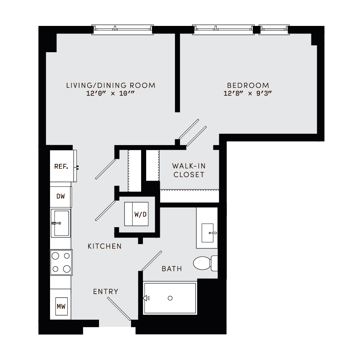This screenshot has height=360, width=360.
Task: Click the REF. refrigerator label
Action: (61, 166)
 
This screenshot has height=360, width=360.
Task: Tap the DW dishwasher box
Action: (60, 196)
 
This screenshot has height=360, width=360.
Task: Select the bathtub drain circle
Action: (170, 298)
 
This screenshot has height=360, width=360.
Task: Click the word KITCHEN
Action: (104, 246)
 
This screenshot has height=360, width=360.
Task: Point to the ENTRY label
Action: (105, 292)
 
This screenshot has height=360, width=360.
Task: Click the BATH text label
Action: (172, 269)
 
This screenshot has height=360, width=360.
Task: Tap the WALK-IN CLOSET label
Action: (189, 170)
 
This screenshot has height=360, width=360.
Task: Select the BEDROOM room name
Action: (248, 85)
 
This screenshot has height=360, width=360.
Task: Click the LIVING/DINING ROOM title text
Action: (111, 85)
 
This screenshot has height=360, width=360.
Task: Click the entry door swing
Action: (119, 308)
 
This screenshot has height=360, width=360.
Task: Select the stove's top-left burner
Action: (56, 256)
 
